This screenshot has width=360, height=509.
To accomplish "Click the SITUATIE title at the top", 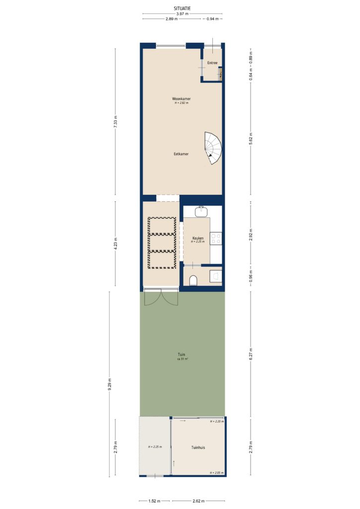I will pos(182,8).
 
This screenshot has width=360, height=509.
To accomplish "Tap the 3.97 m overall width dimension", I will pos(182,14).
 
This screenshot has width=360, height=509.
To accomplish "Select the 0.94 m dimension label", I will pos(212,19).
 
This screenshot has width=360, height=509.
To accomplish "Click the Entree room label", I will pos(212,63).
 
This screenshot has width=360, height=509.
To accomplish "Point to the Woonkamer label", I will pos(181,99).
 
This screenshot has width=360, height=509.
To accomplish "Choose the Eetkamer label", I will pos(181,154).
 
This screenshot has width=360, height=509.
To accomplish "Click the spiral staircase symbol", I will pos(214,148).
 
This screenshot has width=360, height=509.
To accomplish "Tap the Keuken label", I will pos(198,239).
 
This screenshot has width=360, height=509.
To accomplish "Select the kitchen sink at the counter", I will pos(201,212).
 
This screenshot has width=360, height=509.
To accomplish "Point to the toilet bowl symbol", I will pos(194,281).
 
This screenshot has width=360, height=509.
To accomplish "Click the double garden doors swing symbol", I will pos(161,298).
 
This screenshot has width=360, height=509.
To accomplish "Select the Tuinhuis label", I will pos(198,447).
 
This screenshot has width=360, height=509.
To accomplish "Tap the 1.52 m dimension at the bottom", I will pos(155,501).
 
